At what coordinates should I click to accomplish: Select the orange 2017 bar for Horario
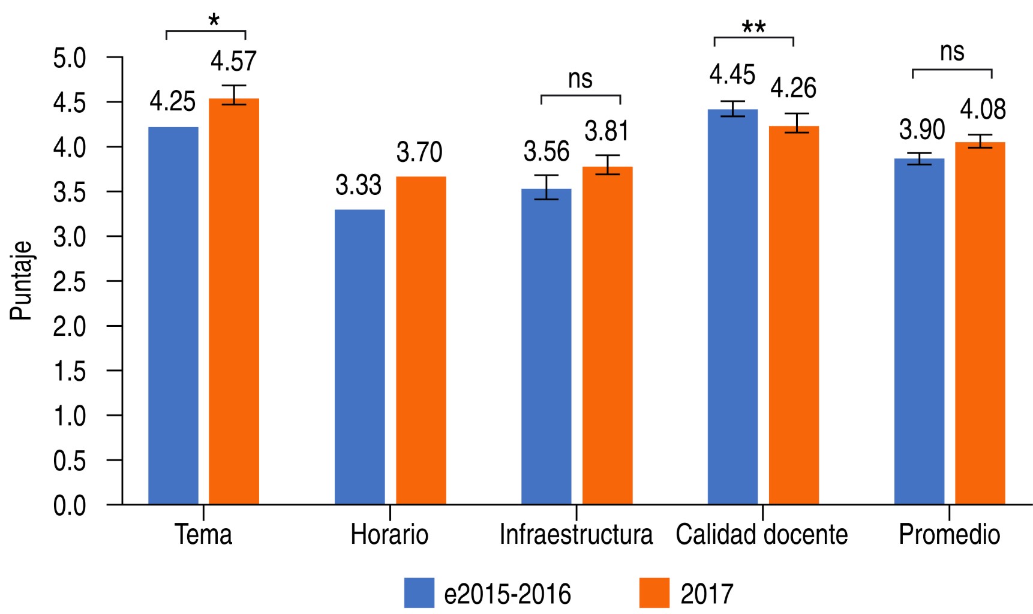[421, 340]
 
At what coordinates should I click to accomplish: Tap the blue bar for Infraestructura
[546, 346]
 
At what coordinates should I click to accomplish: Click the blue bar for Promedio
[919, 331]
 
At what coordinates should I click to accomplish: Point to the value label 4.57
[233, 61]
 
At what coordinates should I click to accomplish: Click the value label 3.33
[358, 185]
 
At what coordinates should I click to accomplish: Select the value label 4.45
[732, 75]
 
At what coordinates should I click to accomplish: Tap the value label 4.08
[983, 110]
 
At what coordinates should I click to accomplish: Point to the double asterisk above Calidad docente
[753, 28]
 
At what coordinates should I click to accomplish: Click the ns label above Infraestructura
[580, 79]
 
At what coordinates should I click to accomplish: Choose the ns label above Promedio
[952, 52]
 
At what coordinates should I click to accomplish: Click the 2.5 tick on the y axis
[70, 282]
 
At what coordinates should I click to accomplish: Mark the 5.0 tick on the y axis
[70, 58]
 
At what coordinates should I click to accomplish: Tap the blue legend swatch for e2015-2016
[419, 593]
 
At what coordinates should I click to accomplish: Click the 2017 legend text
[707, 594]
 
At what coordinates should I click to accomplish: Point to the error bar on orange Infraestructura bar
[608, 164]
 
